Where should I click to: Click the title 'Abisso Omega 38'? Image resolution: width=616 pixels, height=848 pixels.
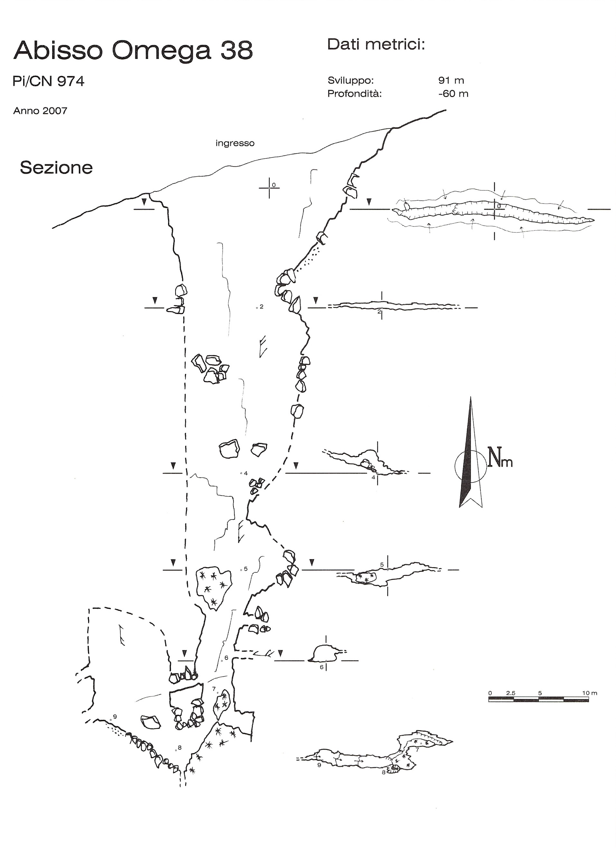pos(133,51)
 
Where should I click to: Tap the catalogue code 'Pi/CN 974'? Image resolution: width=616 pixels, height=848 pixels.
pos(49,81)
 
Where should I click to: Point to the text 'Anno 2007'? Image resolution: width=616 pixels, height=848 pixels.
pos(40,111)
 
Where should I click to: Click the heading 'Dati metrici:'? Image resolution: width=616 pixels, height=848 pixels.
pos(376,44)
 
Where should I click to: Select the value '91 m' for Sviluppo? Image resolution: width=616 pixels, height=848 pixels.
pos(451,80)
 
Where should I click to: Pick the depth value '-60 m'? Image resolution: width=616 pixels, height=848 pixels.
pos(453,93)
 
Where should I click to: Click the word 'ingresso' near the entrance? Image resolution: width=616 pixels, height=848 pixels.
pos(235,143)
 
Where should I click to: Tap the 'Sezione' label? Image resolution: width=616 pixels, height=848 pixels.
pos(56,167)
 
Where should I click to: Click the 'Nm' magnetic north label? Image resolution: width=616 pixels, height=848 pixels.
pos(500,458)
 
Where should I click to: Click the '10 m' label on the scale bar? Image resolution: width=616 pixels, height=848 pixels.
pos(590,693)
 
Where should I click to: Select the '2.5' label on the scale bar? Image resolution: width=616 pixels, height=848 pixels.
pos(511,693)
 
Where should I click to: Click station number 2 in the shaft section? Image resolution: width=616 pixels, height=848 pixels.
pos(262,307)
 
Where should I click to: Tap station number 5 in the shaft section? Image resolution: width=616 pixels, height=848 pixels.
pos(246,569)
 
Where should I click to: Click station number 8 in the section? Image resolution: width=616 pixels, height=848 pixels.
pos(179,748)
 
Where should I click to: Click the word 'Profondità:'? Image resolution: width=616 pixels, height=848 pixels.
pos(354,93)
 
